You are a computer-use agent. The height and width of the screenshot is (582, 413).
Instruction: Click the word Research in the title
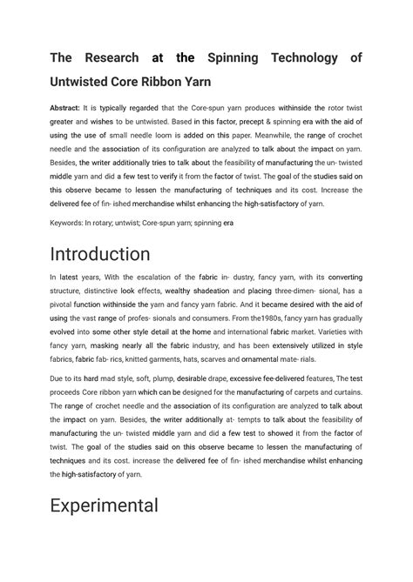[108, 58]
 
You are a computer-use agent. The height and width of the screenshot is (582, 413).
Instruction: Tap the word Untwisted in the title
[90, 87]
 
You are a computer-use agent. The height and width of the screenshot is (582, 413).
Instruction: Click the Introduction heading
[99, 255]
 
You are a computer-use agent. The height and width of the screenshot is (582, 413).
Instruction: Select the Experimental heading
[104, 505]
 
